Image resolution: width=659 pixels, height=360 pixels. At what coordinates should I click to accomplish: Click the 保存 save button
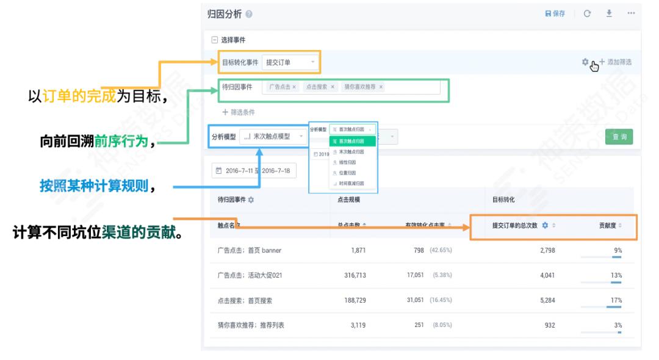click(555, 13)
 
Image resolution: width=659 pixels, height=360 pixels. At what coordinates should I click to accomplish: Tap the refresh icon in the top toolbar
click(587, 13)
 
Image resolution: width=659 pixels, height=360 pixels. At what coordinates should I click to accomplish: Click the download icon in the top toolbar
click(609, 13)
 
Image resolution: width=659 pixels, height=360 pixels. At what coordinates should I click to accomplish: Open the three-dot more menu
click(630, 13)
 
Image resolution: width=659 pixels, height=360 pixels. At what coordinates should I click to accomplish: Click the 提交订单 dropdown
click(290, 62)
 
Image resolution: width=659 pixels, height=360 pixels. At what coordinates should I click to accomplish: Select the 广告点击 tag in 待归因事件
click(283, 87)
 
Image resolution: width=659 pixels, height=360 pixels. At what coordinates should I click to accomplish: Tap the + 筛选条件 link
click(239, 112)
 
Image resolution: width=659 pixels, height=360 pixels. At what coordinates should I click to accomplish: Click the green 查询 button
click(619, 137)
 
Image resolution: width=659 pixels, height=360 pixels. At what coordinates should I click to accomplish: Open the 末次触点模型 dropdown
click(275, 137)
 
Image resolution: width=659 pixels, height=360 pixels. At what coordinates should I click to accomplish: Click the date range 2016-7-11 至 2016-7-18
click(253, 171)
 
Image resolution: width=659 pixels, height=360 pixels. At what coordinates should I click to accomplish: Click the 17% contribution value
click(616, 300)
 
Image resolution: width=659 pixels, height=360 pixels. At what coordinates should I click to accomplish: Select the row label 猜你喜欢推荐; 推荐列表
click(251, 325)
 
